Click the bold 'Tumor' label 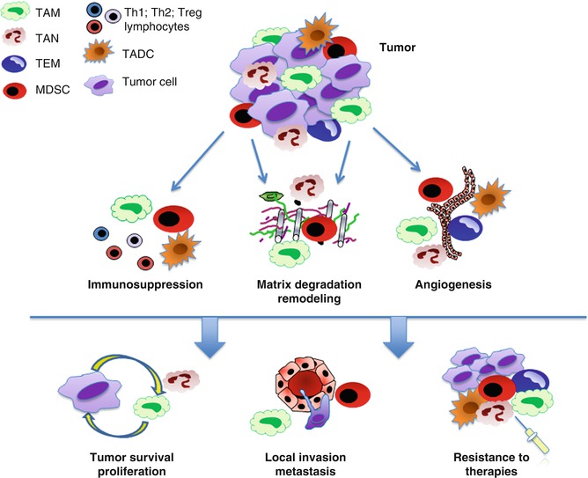click(x=397, y=44)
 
